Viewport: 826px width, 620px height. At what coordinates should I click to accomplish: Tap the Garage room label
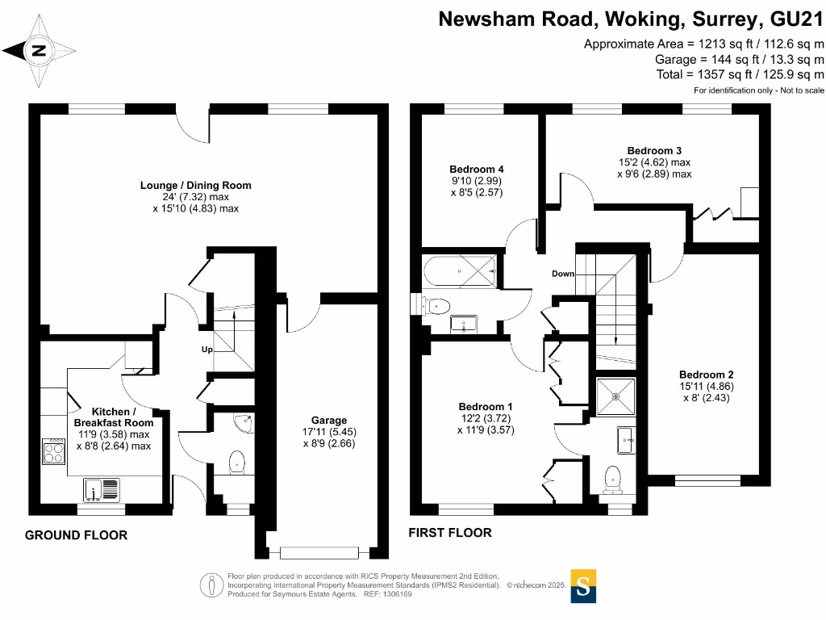coord(329,421)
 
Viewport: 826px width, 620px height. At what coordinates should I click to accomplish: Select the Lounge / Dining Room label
coord(196,186)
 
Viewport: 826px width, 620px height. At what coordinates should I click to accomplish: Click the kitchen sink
coord(100,488)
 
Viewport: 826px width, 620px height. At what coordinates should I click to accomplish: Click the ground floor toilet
coord(237,463)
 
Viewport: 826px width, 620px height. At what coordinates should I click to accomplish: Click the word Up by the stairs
coord(207,350)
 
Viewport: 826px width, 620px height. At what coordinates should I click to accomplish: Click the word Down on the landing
coord(563,274)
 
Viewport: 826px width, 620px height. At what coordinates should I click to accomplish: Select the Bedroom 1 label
coord(486,406)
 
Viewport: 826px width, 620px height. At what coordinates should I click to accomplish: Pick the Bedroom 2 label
coord(706,375)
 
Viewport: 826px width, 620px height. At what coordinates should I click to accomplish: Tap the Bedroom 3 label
coord(654,151)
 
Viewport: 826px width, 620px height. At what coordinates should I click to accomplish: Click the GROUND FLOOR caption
coord(76,535)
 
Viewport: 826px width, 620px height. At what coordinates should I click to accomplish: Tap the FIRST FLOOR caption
coord(450,533)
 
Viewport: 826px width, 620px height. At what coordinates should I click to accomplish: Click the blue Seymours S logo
coord(584,585)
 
